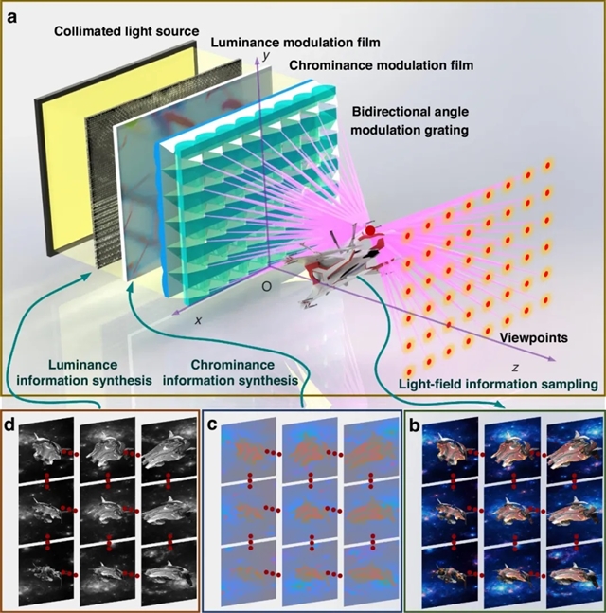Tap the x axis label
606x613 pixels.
[199, 320]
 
